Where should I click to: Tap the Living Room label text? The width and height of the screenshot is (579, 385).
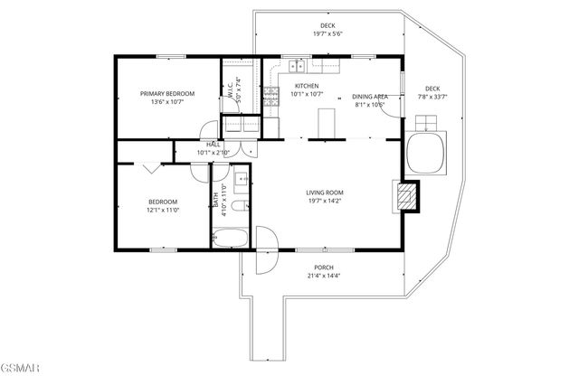click(x=324, y=192)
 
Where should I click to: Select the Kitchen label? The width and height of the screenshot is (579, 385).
click(x=307, y=85)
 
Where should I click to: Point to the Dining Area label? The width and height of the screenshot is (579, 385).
click(x=369, y=96)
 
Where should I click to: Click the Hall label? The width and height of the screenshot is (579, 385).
click(x=214, y=145)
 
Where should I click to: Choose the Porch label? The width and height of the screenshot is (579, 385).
click(x=324, y=268)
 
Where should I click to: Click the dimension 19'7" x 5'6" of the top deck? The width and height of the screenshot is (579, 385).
click(x=327, y=33)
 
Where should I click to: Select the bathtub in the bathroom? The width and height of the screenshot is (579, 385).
click(x=233, y=239)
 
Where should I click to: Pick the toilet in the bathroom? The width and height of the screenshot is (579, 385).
click(x=240, y=207)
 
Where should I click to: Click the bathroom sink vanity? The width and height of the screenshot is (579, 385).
click(x=242, y=180)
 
